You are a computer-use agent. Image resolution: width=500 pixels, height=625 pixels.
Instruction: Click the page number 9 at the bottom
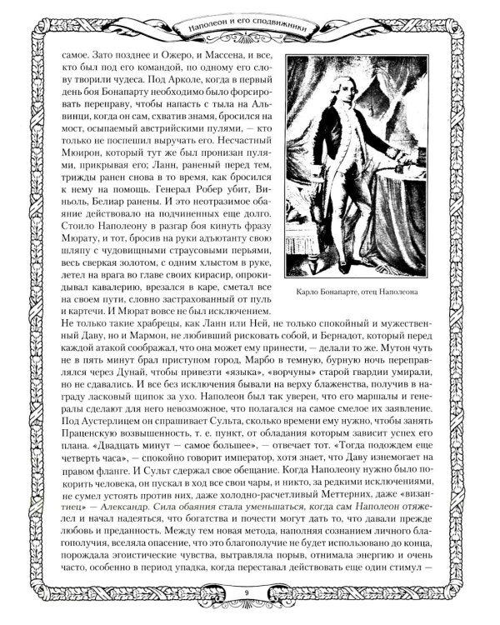pos(249,592)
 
